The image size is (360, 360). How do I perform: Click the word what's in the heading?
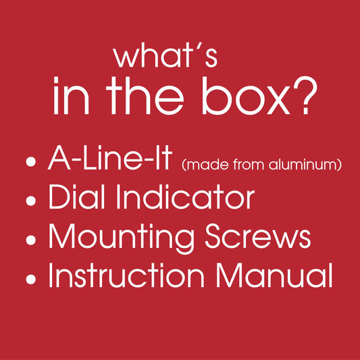click(x=165, y=57)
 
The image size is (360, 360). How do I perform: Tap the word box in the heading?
click(x=246, y=95)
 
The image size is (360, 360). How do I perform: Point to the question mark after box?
click(x=305, y=95)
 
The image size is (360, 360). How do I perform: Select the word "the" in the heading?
click(x=145, y=95)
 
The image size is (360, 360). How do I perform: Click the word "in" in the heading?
click(x=71, y=95)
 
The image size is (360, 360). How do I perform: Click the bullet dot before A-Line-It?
click(x=31, y=161)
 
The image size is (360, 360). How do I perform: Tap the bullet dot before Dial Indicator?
click(x=31, y=201)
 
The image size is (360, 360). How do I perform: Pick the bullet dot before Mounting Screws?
click(x=31, y=240)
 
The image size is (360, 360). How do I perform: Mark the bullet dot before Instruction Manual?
click(x=31, y=280)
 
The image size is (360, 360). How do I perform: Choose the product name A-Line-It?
click(x=110, y=158)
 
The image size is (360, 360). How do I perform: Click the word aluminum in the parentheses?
click(x=303, y=164)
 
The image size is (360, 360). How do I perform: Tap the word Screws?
click(x=258, y=236)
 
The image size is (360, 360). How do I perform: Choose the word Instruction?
click(x=126, y=276)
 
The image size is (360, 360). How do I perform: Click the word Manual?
click(x=274, y=276)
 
